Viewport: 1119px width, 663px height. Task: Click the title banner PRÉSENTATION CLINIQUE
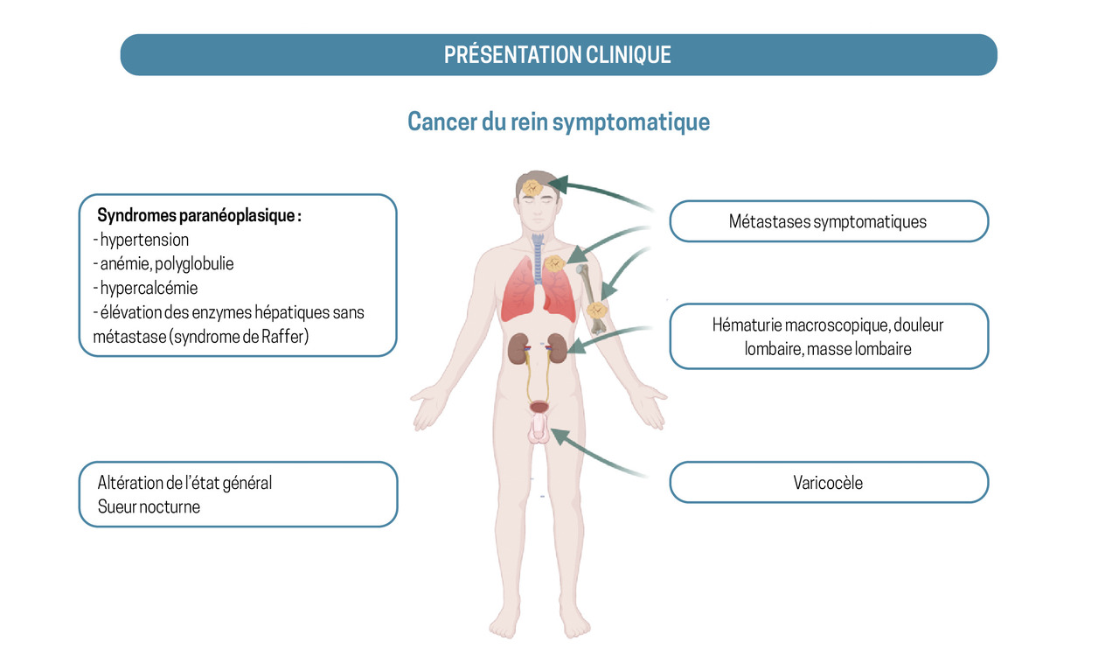point(559,54)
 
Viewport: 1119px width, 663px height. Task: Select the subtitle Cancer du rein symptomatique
point(559,122)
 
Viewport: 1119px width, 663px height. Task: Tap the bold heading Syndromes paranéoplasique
point(198,215)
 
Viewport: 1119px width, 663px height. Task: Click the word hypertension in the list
point(144,240)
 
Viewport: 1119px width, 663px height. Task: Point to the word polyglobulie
point(194,264)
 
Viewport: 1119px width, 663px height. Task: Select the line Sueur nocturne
point(149,507)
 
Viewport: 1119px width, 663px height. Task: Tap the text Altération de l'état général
point(184,483)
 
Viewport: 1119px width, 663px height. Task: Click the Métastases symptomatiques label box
point(829,221)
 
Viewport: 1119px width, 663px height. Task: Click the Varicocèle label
point(829,483)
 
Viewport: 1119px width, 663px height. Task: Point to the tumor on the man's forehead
point(532,188)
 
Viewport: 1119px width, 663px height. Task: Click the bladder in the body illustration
point(539,407)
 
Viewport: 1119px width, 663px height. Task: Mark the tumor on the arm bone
point(596,311)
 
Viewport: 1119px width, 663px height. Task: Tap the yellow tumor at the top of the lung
point(554,263)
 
